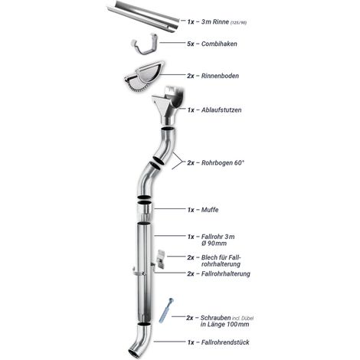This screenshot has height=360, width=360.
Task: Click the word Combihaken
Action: pyautogui.click(x=219, y=44)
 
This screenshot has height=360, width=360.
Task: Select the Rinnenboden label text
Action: pyautogui.click(x=220, y=76)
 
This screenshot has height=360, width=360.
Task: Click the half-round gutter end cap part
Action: pyautogui.click(x=145, y=76)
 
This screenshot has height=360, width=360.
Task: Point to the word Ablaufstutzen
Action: pyautogui.click(x=221, y=110)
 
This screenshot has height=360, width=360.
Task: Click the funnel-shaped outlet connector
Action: pyautogui.click(x=169, y=105)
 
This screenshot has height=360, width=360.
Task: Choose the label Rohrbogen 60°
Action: pyautogui.click(x=223, y=162)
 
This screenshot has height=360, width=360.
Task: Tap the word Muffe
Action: pyautogui.click(x=210, y=210)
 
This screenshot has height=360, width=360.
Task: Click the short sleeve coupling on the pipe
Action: pyautogui.click(x=145, y=211)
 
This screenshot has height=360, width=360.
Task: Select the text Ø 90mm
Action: pyautogui.click(x=214, y=244)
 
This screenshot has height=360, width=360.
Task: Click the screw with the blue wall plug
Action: pyautogui.click(x=166, y=310)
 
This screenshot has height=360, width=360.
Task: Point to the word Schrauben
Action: pyautogui.click(x=215, y=318)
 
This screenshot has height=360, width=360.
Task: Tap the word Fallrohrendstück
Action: pyautogui.click(x=225, y=342)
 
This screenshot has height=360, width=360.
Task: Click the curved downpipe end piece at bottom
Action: pyautogui.click(x=141, y=339)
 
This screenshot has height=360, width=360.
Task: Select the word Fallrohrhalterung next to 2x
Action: pyautogui.click(x=226, y=273)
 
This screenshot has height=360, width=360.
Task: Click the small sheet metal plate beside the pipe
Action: pyautogui.click(x=161, y=259)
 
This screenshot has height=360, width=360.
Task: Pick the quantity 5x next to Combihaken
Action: pyautogui.click(x=191, y=44)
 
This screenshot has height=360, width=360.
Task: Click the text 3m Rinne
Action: pyautogui.click(x=215, y=22)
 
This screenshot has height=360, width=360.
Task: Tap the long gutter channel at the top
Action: pyautogui.click(x=143, y=15)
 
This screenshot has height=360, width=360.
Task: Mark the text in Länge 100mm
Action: pyautogui.click(x=224, y=325)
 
